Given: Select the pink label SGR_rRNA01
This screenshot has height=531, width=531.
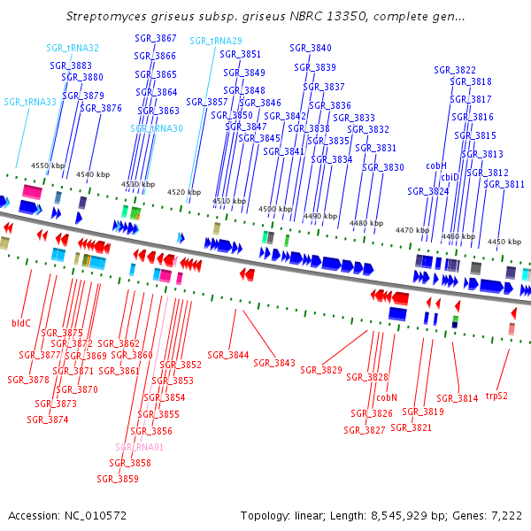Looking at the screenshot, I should click(140, 447).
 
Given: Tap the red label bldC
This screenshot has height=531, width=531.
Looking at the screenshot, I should click(20, 324).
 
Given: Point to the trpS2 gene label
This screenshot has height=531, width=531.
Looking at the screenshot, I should click(496, 396).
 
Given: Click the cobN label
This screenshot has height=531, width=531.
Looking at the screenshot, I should click(387, 398).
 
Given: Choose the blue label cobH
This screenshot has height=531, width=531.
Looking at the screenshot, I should click(436, 165).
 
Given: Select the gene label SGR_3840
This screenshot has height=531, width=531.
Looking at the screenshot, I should click(311, 48).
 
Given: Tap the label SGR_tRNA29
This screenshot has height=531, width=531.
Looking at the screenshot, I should click(215, 41).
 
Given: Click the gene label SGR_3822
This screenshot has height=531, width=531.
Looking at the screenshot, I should click(455, 70).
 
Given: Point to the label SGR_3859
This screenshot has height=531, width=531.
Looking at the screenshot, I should click(118, 479).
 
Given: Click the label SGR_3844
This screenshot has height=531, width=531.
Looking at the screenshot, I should click(228, 355).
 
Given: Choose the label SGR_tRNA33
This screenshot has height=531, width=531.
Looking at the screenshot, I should click(30, 102).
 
